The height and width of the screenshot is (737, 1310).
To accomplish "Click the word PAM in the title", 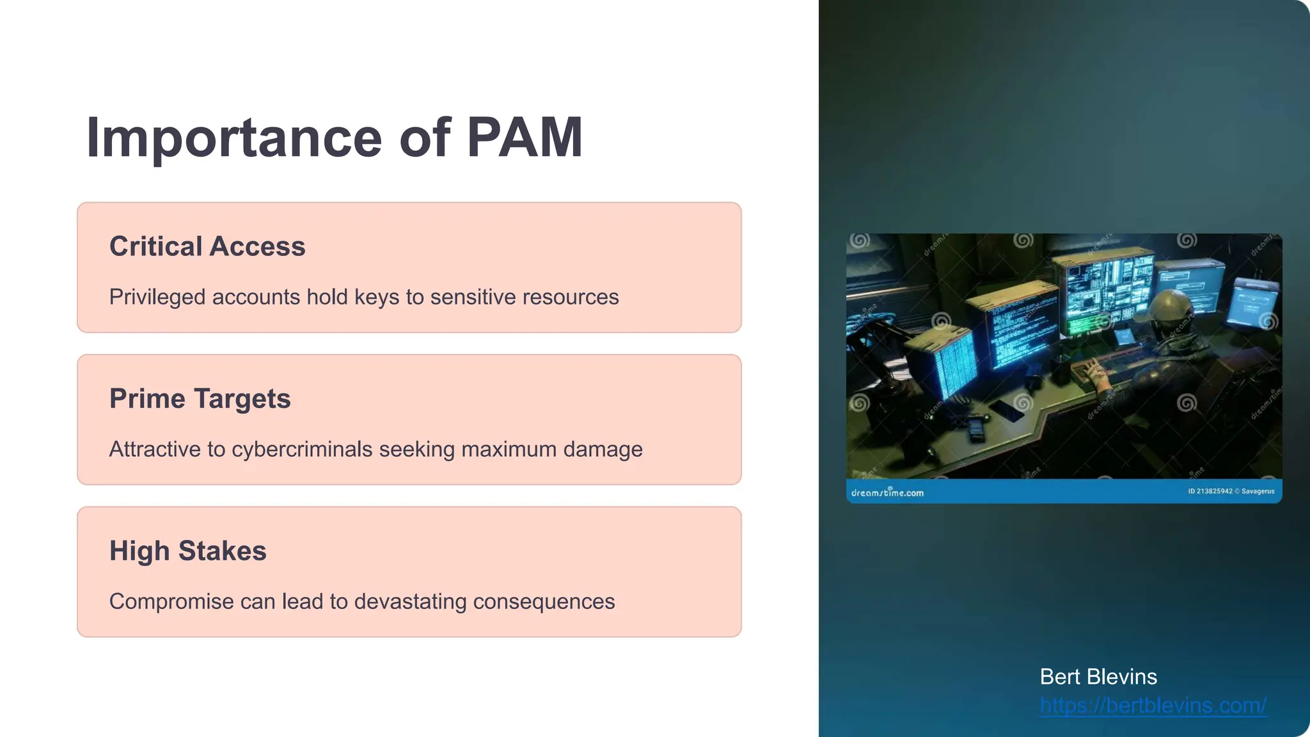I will pos(524,138).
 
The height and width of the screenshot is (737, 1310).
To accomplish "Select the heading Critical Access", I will pos(207,246).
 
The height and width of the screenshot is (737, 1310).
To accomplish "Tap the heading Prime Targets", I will pos(200,399).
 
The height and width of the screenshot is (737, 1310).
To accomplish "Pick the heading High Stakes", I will pos(187,551).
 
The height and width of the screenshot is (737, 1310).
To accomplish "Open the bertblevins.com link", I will pos(1153,705).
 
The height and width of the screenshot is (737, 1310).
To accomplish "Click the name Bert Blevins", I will pos(1098,677).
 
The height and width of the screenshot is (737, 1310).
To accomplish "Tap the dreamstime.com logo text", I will pos(887,493).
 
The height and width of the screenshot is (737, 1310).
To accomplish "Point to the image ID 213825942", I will pos(1210,491).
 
